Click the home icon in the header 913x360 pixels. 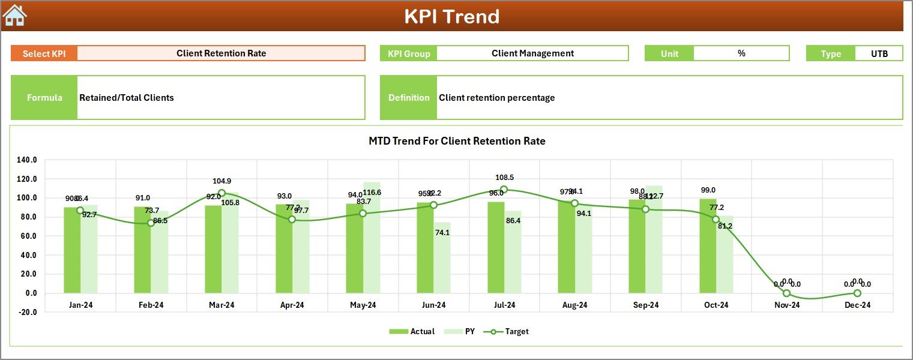pyautogui.click(x=15, y=16)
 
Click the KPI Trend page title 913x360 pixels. pyautogui.click(x=451, y=16)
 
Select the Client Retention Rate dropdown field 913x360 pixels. pyautogui.click(x=221, y=53)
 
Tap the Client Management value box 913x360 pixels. pyautogui.click(x=532, y=53)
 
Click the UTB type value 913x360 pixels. pyautogui.click(x=879, y=53)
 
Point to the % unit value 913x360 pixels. pyautogui.click(x=741, y=53)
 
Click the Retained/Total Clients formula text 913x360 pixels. pyautogui.click(x=127, y=98)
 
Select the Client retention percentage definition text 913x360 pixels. pyautogui.click(x=497, y=98)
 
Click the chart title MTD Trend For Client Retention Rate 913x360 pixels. pyautogui.click(x=457, y=141)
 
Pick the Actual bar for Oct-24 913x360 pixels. pyautogui.click(x=725, y=246)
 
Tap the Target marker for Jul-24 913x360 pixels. pyautogui.click(x=504, y=190)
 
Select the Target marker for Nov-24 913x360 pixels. pyautogui.click(x=786, y=293)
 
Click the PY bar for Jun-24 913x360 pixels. pyautogui.click(x=442, y=258)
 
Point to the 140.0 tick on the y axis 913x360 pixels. pyautogui.click(x=27, y=160)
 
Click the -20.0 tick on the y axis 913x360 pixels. pyautogui.click(x=27, y=312)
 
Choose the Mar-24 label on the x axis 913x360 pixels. pyautogui.click(x=221, y=305)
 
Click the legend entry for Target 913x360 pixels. pyautogui.click(x=511, y=331)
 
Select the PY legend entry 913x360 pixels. pyautogui.click(x=463, y=331)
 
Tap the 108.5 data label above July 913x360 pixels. pyautogui.click(x=504, y=178)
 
